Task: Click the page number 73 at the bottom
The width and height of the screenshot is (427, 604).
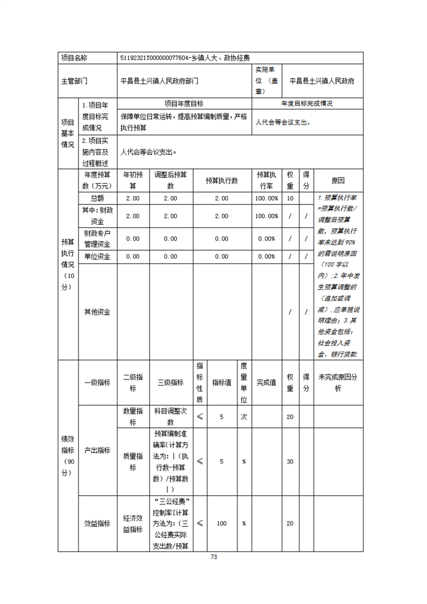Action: tap(214, 557)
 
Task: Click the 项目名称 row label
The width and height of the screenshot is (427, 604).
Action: tap(74, 58)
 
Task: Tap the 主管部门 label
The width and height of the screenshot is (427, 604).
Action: tap(74, 81)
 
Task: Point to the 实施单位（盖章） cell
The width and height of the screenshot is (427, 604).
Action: tap(267, 81)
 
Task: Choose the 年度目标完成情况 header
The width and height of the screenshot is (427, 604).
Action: tap(307, 103)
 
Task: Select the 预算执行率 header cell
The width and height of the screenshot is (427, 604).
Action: tap(267, 181)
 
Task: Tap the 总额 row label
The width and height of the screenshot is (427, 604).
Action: tap(97, 199)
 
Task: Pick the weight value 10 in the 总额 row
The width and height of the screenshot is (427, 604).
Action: tap(290, 199)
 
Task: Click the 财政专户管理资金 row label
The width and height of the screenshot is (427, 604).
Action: tap(97, 238)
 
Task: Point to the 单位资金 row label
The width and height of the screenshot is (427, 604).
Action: tap(97, 257)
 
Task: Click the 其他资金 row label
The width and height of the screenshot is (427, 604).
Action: tap(97, 312)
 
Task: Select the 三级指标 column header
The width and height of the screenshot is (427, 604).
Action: tap(170, 382)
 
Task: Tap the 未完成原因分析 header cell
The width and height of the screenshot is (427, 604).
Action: tap(338, 382)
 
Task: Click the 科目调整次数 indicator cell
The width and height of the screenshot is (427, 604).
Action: tap(170, 417)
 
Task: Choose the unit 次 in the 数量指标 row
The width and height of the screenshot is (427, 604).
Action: tap(243, 417)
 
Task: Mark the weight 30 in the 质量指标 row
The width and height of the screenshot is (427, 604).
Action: tap(290, 461)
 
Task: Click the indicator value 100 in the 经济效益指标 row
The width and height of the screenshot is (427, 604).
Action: tap(221, 523)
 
